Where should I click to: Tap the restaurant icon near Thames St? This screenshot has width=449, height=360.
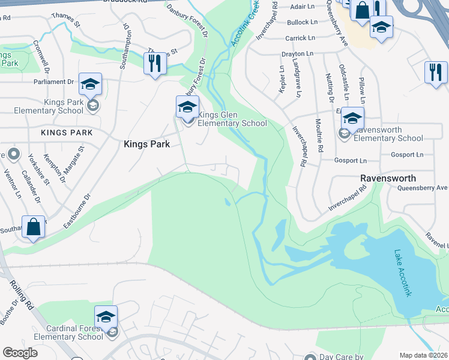(155, 63)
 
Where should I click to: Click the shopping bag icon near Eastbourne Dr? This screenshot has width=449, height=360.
(34, 227)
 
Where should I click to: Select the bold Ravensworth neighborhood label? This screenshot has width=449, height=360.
(388, 178)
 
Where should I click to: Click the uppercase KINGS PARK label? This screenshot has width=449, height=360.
(67, 132)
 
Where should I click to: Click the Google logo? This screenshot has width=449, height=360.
(20, 352)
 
